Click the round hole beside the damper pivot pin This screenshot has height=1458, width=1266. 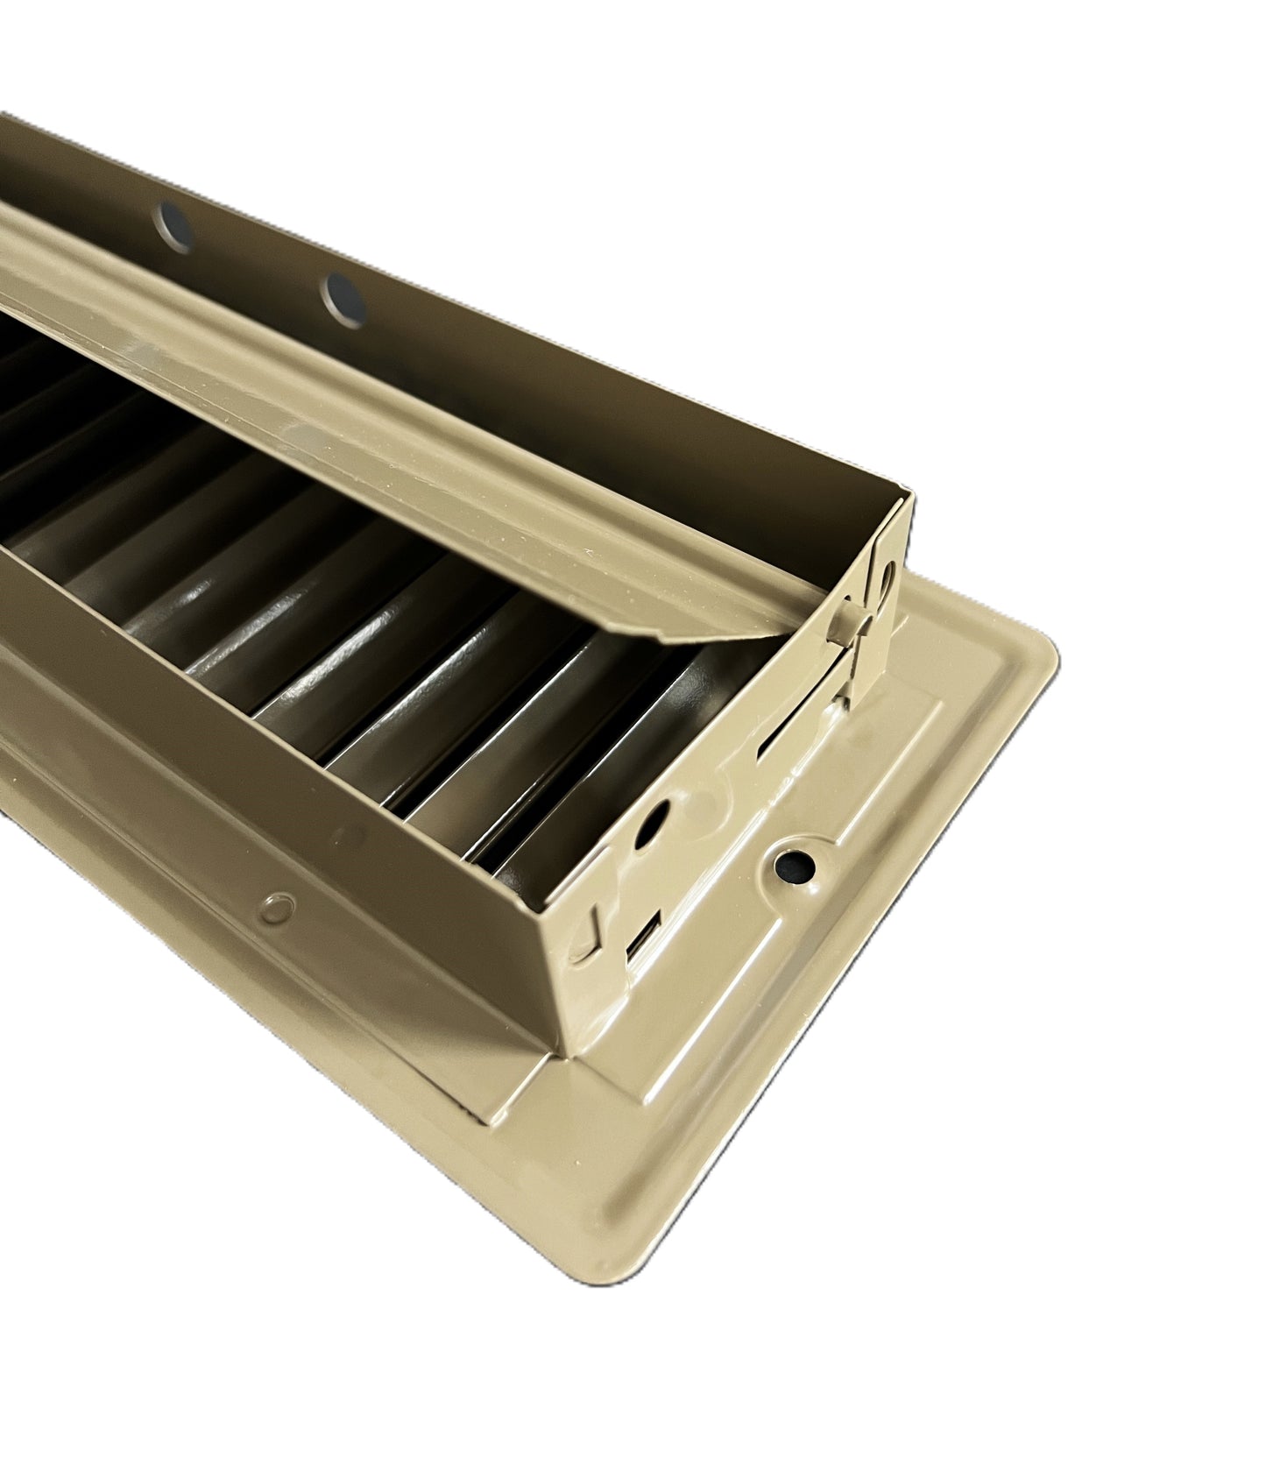(x=887, y=580)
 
